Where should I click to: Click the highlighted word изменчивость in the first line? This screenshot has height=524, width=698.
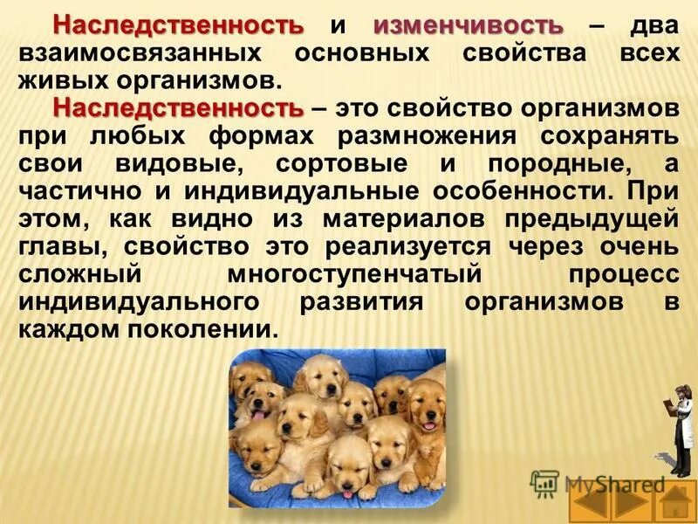(468, 24)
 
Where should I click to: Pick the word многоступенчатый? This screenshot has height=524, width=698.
(355, 276)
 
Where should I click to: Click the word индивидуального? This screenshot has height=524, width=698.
(145, 304)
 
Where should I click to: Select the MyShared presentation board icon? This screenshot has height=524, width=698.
(545, 483)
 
